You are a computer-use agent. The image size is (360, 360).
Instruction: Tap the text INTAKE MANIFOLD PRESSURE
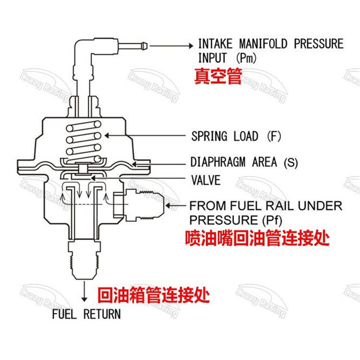(271, 44)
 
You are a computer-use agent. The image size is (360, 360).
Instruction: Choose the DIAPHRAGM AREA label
(233, 162)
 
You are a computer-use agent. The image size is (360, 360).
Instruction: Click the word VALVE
(205, 180)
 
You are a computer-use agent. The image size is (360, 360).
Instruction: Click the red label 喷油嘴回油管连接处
(258, 238)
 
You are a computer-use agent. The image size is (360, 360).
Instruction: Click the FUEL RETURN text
(86, 315)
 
